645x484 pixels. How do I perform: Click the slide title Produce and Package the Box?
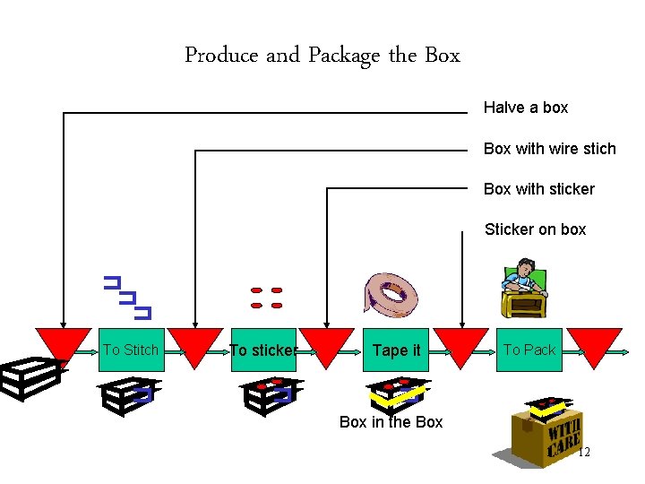tap(322, 56)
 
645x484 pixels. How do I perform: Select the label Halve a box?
tap(526, 108)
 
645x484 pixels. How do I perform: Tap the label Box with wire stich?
tap(549, 149)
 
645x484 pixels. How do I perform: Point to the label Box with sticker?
tap(538, 189)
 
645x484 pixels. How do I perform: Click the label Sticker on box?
tap(535, 229)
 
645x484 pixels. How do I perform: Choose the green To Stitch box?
tap(131, 350)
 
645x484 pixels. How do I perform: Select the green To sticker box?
tap(262, 350)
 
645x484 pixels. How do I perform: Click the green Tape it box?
tap(396, 350)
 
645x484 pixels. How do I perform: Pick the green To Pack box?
tap(529, 350)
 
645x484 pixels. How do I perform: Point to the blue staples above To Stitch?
tap(126, 297)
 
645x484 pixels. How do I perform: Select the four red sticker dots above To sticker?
tap(266, 298)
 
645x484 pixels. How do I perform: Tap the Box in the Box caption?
tap(391, 422)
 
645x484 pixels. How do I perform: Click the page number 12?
tap(583, 453)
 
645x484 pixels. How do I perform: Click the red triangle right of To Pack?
tap(594, 345)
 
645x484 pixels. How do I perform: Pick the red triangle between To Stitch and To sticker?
tap(195, 345)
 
